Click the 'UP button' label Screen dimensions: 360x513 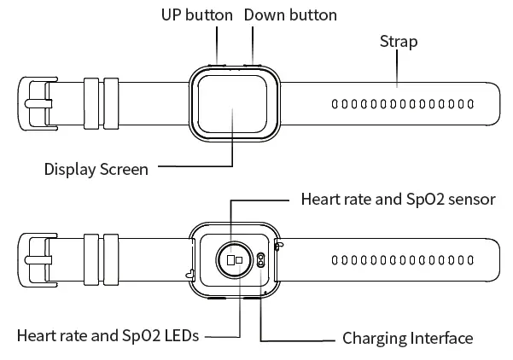click(196, 15)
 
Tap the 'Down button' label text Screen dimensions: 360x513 click(290, 15)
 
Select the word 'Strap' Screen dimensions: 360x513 click(398, 41)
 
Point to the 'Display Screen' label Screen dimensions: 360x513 click(96, 169)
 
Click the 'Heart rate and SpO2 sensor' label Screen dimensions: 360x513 click(399, 200)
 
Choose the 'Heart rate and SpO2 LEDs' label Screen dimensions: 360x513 click(108, 336)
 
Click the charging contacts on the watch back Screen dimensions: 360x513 click(259, 262)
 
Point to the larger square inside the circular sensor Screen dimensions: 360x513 click(230, 259)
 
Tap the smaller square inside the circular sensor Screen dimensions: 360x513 click(240, 259)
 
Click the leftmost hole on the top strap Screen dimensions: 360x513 click(335, 105)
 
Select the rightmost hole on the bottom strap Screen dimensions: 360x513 click(471, 259)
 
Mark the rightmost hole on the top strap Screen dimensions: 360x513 click(471, 105)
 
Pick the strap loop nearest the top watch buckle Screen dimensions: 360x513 click(91, 104)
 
